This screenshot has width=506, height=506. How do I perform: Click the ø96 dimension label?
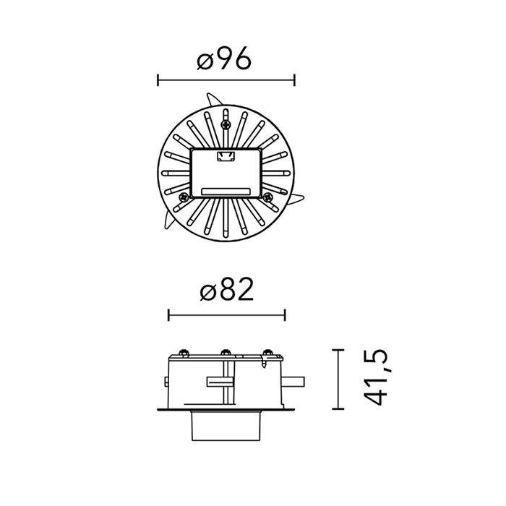click(223, 59)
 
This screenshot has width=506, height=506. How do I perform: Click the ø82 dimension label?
click(226, 290)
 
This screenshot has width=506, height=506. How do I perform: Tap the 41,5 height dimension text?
click(375, 378)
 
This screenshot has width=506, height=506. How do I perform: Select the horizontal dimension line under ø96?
click(226, 80)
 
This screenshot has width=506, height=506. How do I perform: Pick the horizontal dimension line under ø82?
click(226, 315)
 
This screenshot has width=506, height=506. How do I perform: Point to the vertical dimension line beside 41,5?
click(338, 379)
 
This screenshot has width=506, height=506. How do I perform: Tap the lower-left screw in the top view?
click(184, 197)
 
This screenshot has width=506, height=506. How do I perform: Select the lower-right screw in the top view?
click(268, 197)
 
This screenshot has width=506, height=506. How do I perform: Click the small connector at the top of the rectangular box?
click(226, 156)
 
